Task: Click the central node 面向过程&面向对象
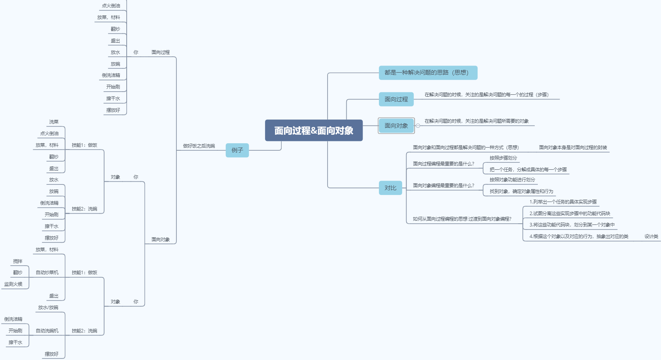click(x=314, y=130)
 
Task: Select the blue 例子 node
click(x=237, y=150)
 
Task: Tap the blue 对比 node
click(x=390, y=188)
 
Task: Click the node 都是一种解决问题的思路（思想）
click(x=428, y=73)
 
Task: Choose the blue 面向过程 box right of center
click(x=396, y=99)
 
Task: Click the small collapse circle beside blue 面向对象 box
click(x=418, y=126)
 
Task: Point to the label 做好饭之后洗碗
click(x=199, y=146)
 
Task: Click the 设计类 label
click(x=651, y=237)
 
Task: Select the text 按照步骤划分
click(x=503, y=158)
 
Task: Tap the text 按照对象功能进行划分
click(x=512, y=180)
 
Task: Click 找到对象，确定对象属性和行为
click(x=521, y=191)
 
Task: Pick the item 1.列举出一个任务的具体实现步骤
click(x=563, y=202)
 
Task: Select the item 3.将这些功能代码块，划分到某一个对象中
click(x=572, y=225)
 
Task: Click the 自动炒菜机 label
click(x=47, y=273)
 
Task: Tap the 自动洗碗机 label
click(x=47, y=331)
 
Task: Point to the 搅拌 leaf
click(x=17, y=261)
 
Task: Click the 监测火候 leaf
click(x=13, y=284)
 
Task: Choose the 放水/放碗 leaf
click(x=48, y=308)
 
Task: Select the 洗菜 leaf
click(x=54, y=122)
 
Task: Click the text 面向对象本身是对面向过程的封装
click(x=573, y=148)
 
